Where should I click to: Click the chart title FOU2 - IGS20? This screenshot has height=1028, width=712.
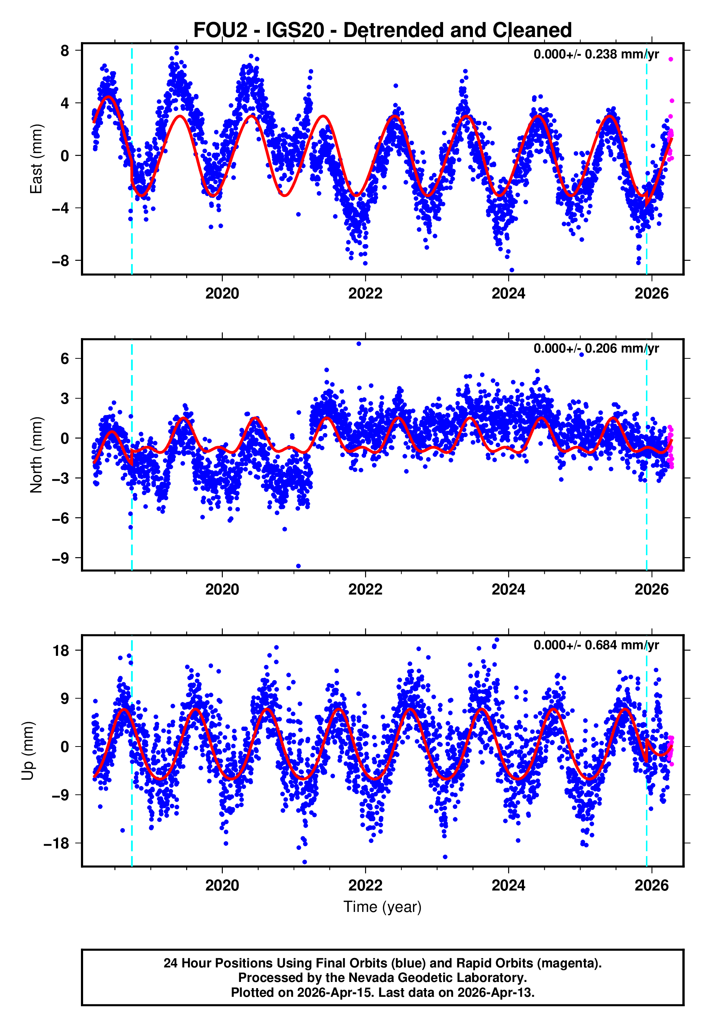tap(382, 30)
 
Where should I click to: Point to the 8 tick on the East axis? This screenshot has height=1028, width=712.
tap(65, 51)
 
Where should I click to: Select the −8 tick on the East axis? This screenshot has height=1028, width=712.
tap(61, 260)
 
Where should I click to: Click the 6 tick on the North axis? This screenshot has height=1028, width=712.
tap(65, 358)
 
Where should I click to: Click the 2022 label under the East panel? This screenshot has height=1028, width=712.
tap(365, 294)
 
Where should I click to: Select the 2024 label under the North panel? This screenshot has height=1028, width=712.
tap(508, 590)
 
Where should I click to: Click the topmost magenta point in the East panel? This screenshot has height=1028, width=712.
tap(671, 59)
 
